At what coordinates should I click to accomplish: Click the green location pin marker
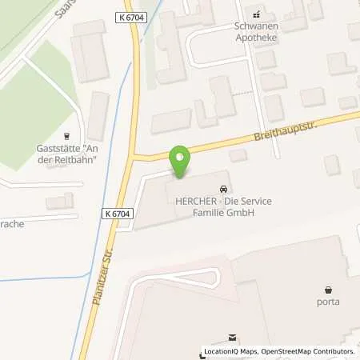(x=181, y=162)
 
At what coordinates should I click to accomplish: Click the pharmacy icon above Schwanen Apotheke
(x=258, y=14)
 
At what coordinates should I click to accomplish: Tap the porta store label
(x=328, y=302)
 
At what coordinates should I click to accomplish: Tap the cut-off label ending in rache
(x=11, y=224)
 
